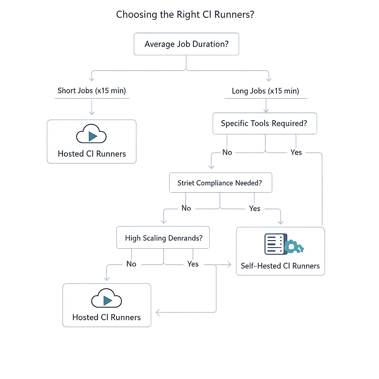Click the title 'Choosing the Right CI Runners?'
coord(185,15)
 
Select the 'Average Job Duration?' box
coord(186,44)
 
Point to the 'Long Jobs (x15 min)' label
coord(265,91)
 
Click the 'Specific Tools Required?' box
coord(264,124)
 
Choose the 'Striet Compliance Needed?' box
coord(220,183)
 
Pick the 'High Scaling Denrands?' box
coord(163,238)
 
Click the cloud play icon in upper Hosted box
coord(91,136)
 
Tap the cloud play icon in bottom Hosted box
coord(107,300)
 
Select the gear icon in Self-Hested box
coord(295,246)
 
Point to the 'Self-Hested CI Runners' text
coord(280,266)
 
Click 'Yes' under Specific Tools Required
coord(296,152)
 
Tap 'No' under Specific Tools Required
coord(227,152)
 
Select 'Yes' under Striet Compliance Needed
coord(255,208)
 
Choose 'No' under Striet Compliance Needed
coord(186,208)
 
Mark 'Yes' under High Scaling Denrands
coord(193,264)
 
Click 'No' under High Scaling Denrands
coord(131,264)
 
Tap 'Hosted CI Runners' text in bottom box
coord(107,318)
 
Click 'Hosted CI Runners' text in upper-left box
coord(92,154)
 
